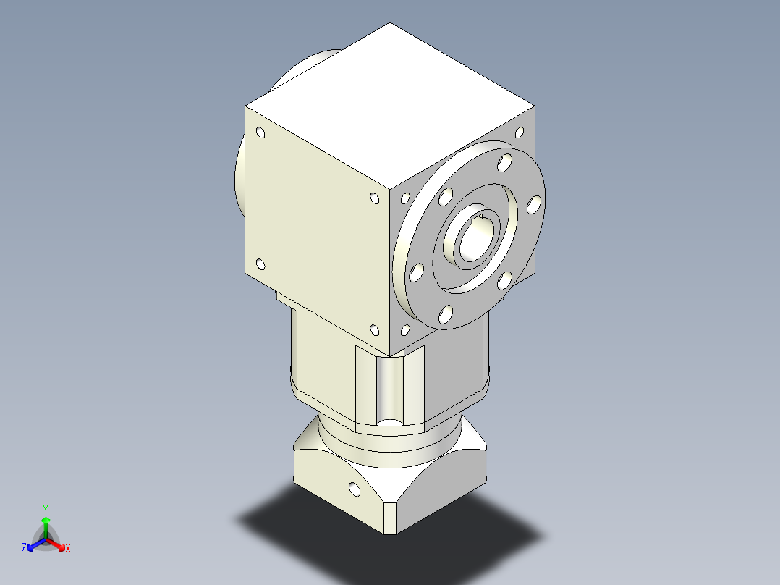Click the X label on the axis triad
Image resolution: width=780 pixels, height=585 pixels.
(68, 549)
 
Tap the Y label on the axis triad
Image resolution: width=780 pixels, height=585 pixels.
(45, 509)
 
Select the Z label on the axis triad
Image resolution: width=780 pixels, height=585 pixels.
(24, 549)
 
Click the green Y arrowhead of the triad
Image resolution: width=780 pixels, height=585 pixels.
(46, 520)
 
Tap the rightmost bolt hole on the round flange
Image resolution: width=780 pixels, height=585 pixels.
(534, 205)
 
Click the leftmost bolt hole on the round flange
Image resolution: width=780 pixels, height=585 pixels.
(415, 273)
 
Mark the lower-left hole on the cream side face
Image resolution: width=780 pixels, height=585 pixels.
(260, 265)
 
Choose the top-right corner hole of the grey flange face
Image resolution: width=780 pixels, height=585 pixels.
(519, 132)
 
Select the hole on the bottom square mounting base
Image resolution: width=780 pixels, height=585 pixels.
(354, 489)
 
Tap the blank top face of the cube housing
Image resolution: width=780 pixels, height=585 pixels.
(391, 101)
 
